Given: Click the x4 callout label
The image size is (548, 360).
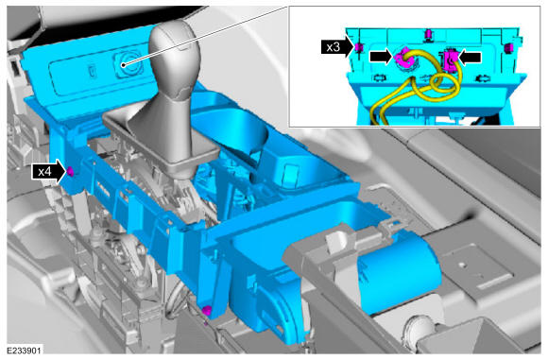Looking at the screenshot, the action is pyautogui.click(x=44, y=172).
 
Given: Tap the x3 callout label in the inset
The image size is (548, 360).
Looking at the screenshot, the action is pyautogui.click(x=334, y=47).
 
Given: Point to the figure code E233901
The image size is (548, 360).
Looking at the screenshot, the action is pyautogui.click(x=24, y=351).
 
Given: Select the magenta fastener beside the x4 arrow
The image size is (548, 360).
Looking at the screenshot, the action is pyautogui.click(x=70, y=171).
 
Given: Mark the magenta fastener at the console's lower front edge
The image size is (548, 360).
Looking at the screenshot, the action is pyautogui.click(x=207, y=310).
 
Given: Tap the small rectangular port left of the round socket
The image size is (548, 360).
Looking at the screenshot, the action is pyautogui.click(x=92, y=71).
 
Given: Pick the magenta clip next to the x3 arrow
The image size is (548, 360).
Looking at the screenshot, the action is pyautogui.click(x=358, y=47).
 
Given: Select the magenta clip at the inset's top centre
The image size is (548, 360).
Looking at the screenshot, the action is pyautogui.click(x=427, y=35).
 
